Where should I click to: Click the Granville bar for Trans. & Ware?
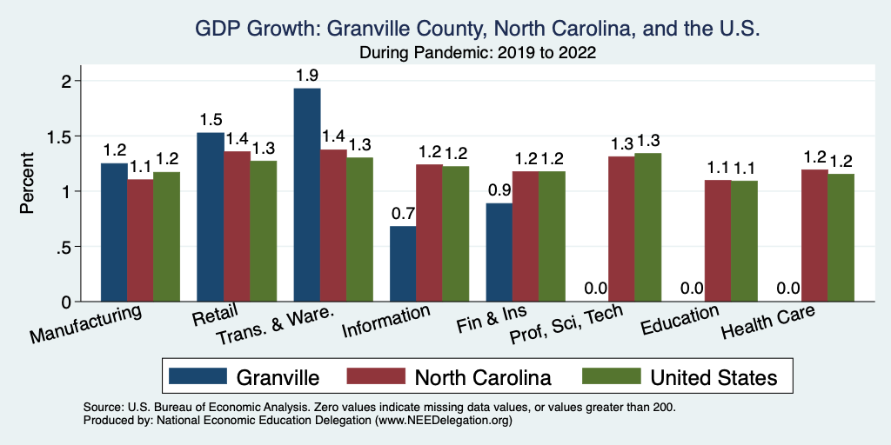pos(307,195)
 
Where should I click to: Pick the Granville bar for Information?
pos(403,263)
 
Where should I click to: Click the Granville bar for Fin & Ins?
pos(499,252)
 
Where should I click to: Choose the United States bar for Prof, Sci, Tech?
pos(647,227)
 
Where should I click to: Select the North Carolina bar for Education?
pos(717,241)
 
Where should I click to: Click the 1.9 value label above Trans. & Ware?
pos(306,75)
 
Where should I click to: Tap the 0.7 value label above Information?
pos(403,213)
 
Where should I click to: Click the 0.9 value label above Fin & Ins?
pos(499,189)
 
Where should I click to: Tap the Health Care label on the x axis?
pos(768,324)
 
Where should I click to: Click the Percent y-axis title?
pos(27,183)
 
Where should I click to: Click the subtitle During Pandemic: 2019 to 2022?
pos(478,54)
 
